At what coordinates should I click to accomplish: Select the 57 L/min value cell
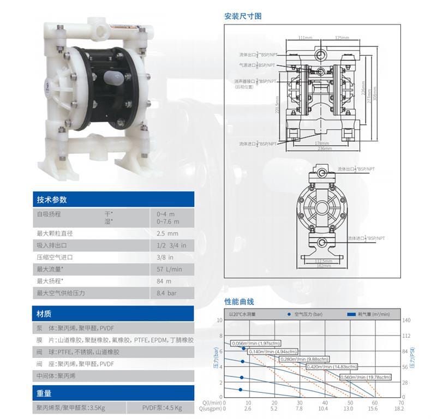pos(169,269)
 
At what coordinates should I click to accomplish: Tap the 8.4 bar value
pos(166,293)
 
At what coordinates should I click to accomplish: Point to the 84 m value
pos(164,281)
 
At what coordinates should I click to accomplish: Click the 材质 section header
pos(44,314)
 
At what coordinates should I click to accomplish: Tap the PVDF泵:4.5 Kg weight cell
pos(162,408)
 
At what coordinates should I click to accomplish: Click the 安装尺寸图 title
pos(243,16)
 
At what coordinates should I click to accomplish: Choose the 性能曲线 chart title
pos(239,302)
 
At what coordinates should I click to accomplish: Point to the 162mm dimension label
pos(324,266)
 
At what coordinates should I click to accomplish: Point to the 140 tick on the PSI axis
pos(405,321)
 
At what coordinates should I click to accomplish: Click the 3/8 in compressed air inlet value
pos(165,257)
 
